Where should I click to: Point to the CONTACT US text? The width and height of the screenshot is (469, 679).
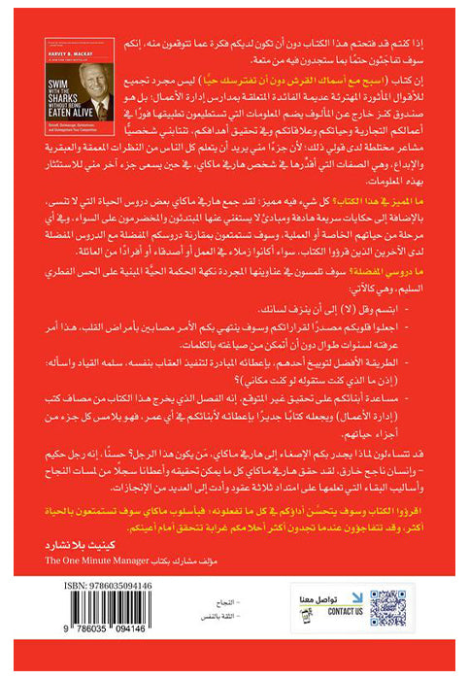coord(345,613)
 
